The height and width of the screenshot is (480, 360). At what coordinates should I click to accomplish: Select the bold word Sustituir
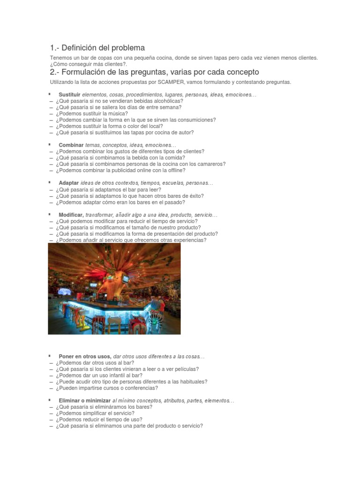pos(70,95)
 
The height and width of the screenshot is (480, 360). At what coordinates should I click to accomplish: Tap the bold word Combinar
pos(71,145)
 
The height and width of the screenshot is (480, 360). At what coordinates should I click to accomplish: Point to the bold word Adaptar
pos(68,183)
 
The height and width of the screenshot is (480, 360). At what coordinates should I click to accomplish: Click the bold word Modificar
pos(71,215)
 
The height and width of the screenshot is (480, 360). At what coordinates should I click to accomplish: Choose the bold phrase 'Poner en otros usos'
pos(85,356)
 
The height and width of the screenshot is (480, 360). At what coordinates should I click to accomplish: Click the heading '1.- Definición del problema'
pos(97,48)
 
